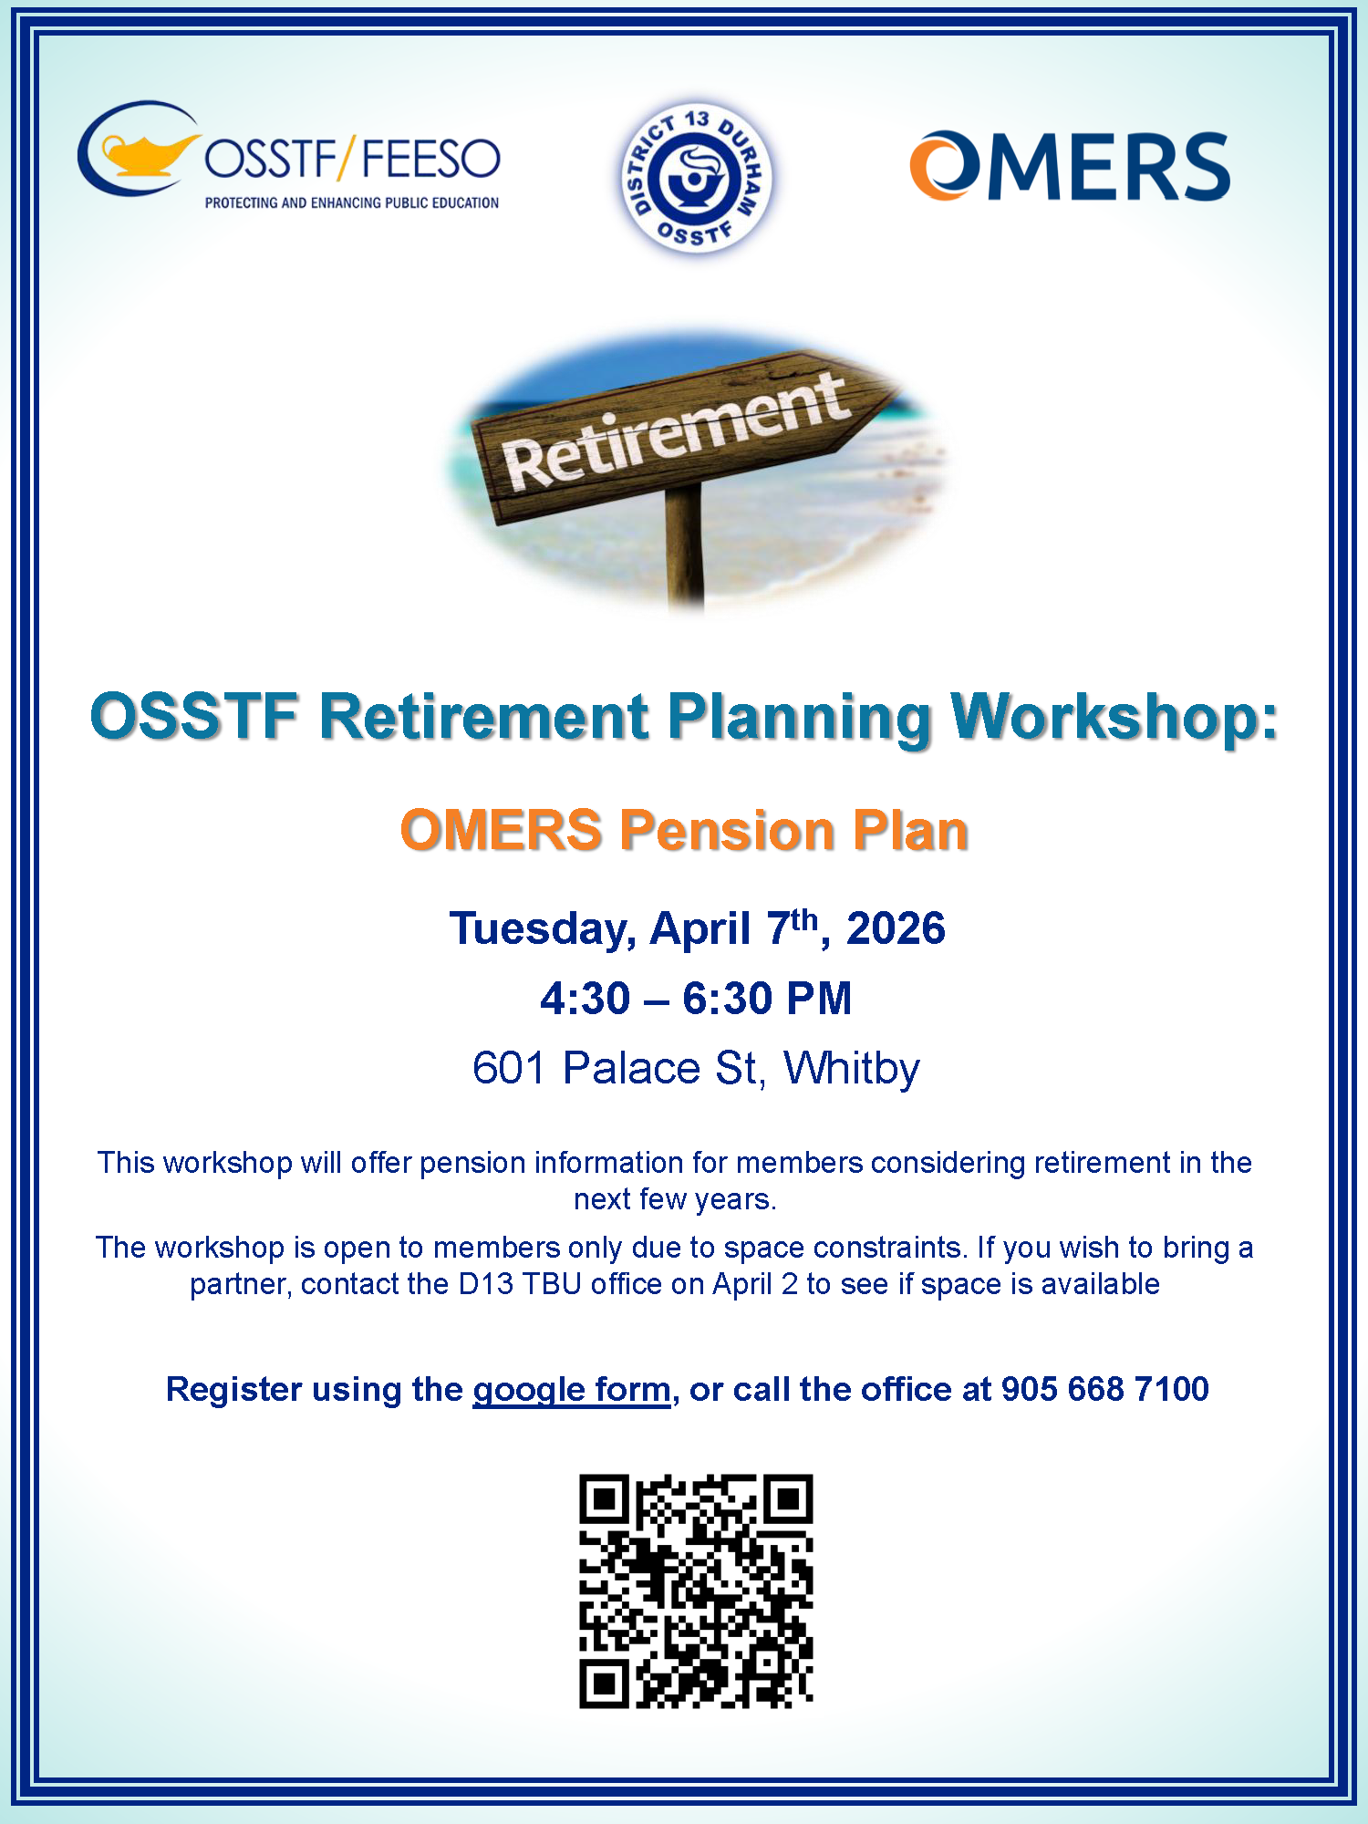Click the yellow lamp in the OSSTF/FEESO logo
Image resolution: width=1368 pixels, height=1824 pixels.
(x=146, y=153)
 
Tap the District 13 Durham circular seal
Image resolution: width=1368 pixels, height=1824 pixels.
(x=697, y=178)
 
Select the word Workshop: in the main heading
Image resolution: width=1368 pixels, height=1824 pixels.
(x=1114, y=717)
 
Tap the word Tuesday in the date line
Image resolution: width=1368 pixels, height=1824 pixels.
(x=543, y=930)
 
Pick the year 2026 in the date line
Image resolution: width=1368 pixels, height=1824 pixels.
(x=896, y=928)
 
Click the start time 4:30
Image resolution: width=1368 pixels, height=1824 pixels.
(x=585, y=999)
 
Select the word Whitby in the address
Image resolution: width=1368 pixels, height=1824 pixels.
(x=852, y=1069)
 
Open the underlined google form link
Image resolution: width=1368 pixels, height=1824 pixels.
(x=572, y=1390)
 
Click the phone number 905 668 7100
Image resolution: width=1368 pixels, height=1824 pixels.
(x=1105, y=1389)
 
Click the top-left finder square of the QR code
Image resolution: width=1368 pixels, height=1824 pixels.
(x=605, y=1499)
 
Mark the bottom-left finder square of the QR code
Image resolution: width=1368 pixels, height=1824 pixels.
(x=605, y=1684)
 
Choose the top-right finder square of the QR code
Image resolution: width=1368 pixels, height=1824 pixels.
(x=789, y=1499)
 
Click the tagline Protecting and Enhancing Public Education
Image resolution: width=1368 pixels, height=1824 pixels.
(x=352, y=202)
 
